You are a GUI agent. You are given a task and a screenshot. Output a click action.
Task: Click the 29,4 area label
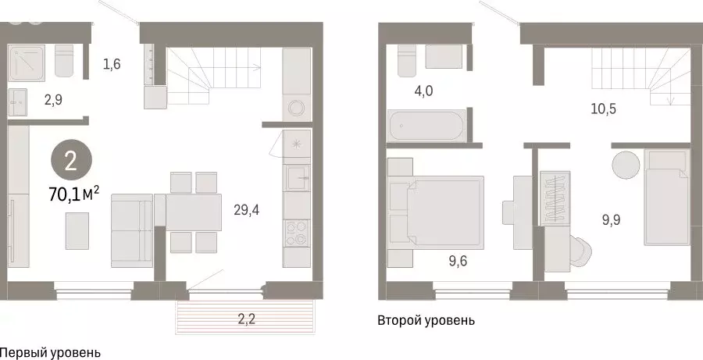[x=247, y=209]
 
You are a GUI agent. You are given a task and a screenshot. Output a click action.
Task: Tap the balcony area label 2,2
[x=246, y=319]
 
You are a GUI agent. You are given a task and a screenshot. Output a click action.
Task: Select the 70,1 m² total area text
[x=74, y=194]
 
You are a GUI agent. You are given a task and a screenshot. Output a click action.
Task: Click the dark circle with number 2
[x=71, y=162]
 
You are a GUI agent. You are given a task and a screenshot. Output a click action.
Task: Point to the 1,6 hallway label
[x=112, y=65]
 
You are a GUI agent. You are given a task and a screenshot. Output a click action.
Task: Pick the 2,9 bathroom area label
[x=53, y=99]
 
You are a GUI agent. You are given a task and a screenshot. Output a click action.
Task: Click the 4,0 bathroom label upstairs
[x=423, y=91]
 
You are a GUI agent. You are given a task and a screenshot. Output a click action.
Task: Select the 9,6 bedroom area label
[x=458, y=261]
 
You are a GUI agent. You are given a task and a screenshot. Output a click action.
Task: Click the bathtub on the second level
[x=426, y=126]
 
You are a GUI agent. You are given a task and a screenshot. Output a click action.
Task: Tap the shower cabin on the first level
[x=27, y=62]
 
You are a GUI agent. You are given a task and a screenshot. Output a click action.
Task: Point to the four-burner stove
[x=297, y=233]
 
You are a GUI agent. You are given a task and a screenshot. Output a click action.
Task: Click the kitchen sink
[x=297, y=177]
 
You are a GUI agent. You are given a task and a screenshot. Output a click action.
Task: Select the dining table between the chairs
[x=194, y=212]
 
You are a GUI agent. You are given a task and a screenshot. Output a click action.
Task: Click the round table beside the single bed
[x=626, y=165]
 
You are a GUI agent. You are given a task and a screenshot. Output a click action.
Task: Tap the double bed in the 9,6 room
[x=444, y=211]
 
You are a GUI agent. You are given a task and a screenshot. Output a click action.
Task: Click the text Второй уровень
[x=426, y=321]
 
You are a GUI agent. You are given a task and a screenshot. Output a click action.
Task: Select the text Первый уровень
[x=50, y=353]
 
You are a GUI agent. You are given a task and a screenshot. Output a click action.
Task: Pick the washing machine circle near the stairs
[x=297, y=108]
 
